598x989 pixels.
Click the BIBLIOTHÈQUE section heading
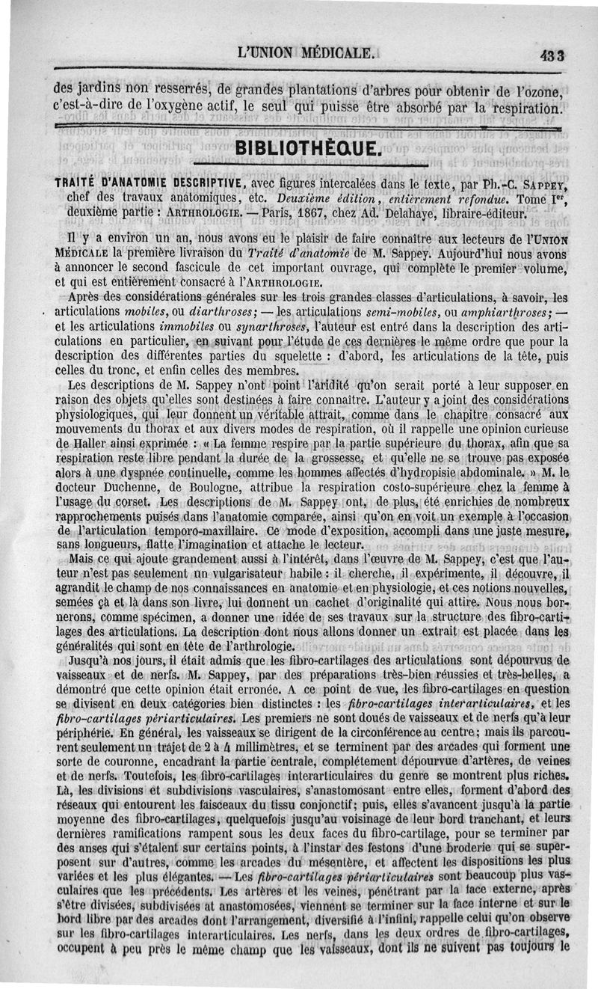pyautogui.click(x=308, y=145)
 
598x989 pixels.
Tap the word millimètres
pyautogui.click(x=284, y=747)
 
